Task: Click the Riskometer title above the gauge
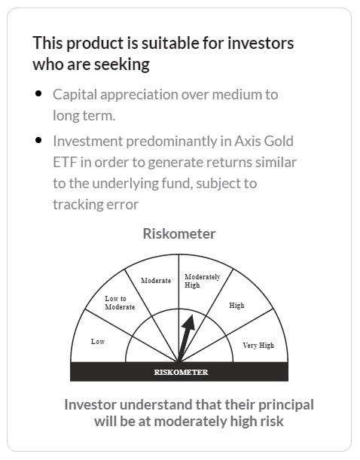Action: [179, 233]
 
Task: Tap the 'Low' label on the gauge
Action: [98, 342]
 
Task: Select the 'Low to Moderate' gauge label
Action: [120, 303]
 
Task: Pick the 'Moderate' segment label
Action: [156, 281]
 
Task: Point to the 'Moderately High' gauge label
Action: [202, 281]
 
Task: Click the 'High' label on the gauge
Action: [236, 306]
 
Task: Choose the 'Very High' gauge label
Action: [258, 346]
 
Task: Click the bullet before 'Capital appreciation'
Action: [38, 94]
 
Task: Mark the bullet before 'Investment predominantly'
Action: [38, 140]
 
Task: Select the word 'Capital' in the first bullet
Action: [74, 95]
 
